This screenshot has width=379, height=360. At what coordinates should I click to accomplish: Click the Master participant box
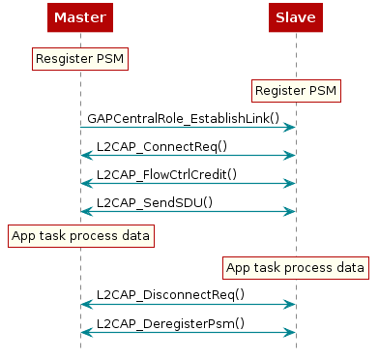pyautogui.click(x=80, y=17)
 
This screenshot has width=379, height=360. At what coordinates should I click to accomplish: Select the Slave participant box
pyautogui.click(x=295, y=17)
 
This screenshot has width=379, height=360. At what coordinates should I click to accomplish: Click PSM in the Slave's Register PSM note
pyautogui.click(x=324, y=91)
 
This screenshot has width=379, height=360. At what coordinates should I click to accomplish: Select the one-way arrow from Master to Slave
pyautogui.click(x=188, y=127)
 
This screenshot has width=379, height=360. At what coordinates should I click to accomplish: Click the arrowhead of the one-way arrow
pyautogui.click(x=289, y=127)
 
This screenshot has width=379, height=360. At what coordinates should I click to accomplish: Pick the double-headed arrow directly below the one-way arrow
pyautogui.click(x=188, y=155)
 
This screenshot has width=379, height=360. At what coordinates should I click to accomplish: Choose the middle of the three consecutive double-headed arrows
pyautogui.click(x=188, y=183)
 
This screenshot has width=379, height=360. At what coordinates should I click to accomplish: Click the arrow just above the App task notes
pyautogui.click(x=188, y=211)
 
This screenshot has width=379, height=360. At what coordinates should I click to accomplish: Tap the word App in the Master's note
pyautogui.click(x=23, y=235)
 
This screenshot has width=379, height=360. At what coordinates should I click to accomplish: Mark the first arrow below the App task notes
pyautogui.click(x=188, y=304)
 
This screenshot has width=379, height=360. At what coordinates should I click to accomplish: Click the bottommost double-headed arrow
pyautogui.click(x=188, y=332)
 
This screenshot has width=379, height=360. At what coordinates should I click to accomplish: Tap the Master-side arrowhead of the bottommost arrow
pyautogui.click(x=86, y=332)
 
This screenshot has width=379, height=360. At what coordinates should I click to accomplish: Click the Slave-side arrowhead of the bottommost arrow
pyautogui.click(x=289, y=332)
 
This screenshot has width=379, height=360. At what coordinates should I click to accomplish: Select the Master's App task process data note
pyautogui.click(x=80, y=235)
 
